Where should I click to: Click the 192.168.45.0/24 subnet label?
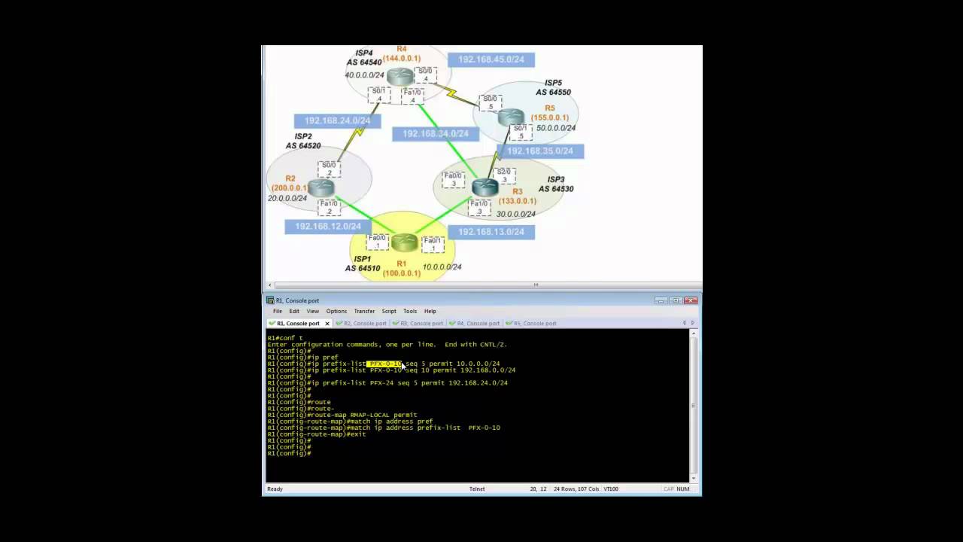coord(491,59)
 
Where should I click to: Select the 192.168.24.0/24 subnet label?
coord(337,120)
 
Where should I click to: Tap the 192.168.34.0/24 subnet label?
coord(435,134)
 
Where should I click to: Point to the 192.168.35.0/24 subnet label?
coord(539,151)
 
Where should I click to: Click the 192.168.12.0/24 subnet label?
coord(327,226)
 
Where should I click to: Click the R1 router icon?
coord(404,242)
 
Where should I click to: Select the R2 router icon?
coord(320,187)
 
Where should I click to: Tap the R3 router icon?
coord(485,187)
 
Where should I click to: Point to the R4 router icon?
coord(400,76)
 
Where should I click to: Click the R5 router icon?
coord(510,117)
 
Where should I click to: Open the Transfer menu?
coord(364,311)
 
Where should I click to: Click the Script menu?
coord(388,311)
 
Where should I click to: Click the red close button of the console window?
coord(691,300)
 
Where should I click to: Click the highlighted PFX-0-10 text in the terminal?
coord(385,364)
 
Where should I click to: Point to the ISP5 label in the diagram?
coord(553,83)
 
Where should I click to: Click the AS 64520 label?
coord(302,146)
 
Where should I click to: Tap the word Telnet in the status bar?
coord(477,489)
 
